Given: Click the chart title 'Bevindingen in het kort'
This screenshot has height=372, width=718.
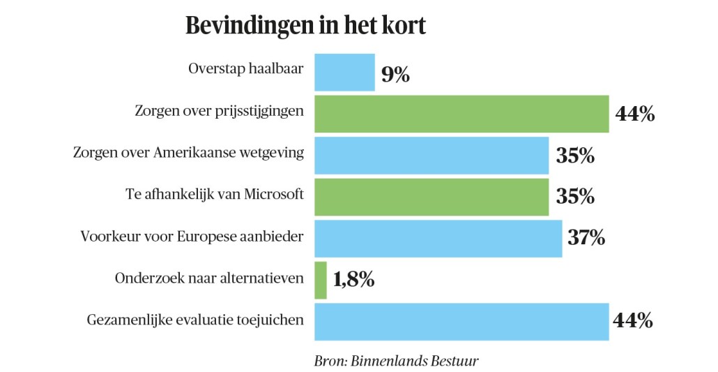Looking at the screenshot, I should (305, 25).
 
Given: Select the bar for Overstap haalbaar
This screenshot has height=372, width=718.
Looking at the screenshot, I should (344, 73).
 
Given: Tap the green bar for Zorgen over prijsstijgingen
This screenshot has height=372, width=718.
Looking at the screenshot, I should (461, 114).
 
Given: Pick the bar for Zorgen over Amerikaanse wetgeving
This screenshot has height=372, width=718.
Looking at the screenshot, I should (431, 156).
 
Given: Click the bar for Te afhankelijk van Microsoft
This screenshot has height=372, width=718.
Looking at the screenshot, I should (431, 197).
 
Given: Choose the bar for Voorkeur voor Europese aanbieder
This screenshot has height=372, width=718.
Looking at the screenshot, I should (438, 239).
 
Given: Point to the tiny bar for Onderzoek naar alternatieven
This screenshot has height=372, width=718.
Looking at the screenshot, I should (321, 280).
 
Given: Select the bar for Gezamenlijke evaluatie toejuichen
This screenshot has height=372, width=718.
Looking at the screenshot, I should (461, 322).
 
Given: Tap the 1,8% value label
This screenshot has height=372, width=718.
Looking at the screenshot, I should (354, 281).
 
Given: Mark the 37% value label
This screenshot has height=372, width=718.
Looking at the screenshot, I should (586, 239).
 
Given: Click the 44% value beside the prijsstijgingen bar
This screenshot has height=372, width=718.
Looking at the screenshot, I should (634, 114).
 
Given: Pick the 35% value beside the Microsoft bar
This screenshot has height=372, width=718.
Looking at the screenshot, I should (575, 197).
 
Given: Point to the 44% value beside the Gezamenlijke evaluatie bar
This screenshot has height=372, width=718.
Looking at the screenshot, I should (632, 321).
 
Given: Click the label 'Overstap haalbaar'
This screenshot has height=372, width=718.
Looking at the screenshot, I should (246, 69).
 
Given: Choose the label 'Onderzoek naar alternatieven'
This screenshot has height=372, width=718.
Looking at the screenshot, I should (209, 278).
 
